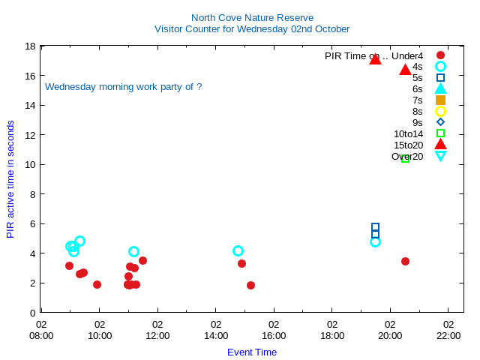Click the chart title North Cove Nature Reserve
pos(252,17)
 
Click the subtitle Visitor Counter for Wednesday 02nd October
pos(252,29)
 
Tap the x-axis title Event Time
pos(252,352)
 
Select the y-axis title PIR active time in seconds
pos(10,179)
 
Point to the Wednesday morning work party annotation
pos(123,87)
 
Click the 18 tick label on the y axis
pos(30,46)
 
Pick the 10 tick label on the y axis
pos(30,165)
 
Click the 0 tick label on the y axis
pos(33,313)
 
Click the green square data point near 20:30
pos(405,158)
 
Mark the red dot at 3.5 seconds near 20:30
pos(405,261)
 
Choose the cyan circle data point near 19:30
pos(375,241)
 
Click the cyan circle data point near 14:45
pos(238,250)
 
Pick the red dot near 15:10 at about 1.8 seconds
pos(250,285)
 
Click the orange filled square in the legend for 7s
pos(440,100)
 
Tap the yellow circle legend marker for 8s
pos(440,111)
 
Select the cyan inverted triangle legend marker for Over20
pos(440,156)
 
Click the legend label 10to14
pos(408,134)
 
